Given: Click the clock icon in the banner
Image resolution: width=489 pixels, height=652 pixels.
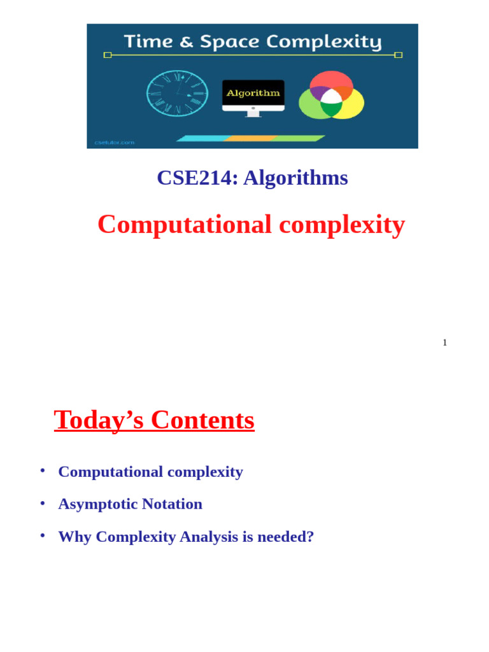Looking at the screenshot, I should [177, 93].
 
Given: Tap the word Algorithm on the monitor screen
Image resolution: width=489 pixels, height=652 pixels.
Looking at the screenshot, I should [253, 93].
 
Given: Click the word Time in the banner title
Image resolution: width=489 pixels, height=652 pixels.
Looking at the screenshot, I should [147, 42].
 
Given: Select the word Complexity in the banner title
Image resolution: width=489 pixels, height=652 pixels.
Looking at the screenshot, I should [323, 43].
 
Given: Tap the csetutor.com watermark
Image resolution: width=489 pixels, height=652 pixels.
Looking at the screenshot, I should [115, 143].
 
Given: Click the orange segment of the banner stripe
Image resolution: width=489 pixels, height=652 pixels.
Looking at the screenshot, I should [250, 138].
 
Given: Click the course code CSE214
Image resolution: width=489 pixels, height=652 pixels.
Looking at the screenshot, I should [194, 178].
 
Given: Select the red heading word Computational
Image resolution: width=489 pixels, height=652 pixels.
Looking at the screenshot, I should [185, 224].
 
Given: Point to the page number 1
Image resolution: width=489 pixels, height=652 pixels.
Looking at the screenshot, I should [444, 343].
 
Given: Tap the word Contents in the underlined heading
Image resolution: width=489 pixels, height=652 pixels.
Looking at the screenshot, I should [202, 420].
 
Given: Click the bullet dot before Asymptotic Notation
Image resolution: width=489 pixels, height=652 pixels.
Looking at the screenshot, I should [43, 503].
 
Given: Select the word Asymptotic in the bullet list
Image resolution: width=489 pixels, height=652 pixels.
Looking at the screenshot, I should [97, 504].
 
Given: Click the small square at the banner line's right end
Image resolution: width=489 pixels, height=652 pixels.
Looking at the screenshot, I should [399, 55].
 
